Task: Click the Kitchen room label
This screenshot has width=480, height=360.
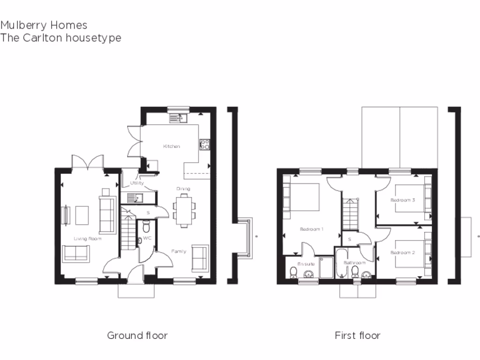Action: click(x=171, y=147)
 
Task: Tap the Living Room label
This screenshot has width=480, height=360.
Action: click(x=88, y=239)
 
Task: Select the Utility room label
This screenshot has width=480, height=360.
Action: click(x=137, y=183)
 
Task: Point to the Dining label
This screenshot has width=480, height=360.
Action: click(x=183, y=189)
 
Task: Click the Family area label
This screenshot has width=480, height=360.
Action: click(x=178, y=252)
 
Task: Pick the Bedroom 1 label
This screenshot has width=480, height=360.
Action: click(x=312, y=229)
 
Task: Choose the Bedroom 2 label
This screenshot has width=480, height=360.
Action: click(x=403, y=253)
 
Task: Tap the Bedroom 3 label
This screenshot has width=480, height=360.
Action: click(x=403, y=200)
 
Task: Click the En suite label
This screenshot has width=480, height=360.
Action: click(x=307, y=264)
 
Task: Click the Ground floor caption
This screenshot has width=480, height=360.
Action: click(x=137, y=335)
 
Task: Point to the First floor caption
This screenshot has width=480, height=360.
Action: click(x=357, y=335)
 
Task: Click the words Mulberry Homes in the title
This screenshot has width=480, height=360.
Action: click(x=44, y=25)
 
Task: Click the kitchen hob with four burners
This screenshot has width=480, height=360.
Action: click(x=205, y=144)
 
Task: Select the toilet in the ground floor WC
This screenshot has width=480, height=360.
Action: click(x=145, y=227)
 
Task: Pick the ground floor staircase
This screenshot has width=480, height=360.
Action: click(x=127, y=232)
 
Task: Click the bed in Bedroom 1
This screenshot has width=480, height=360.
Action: click(x=302, y=199)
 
